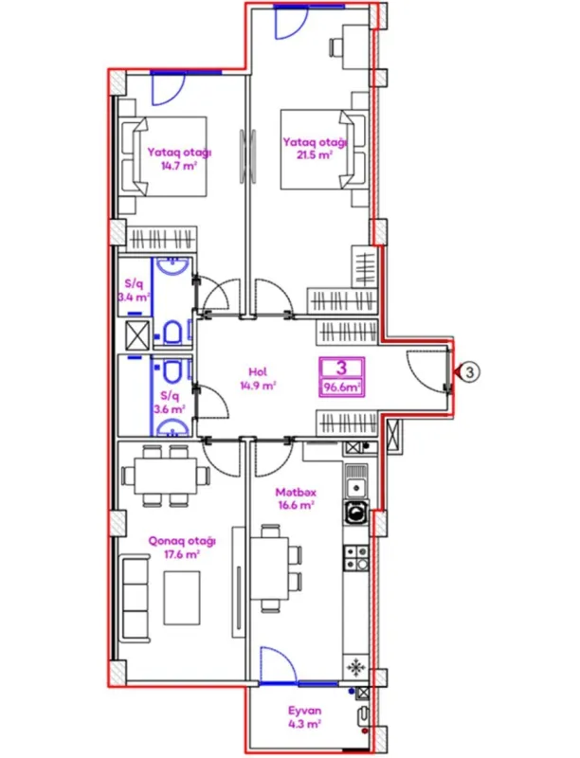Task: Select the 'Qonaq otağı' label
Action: pos(174,541)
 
